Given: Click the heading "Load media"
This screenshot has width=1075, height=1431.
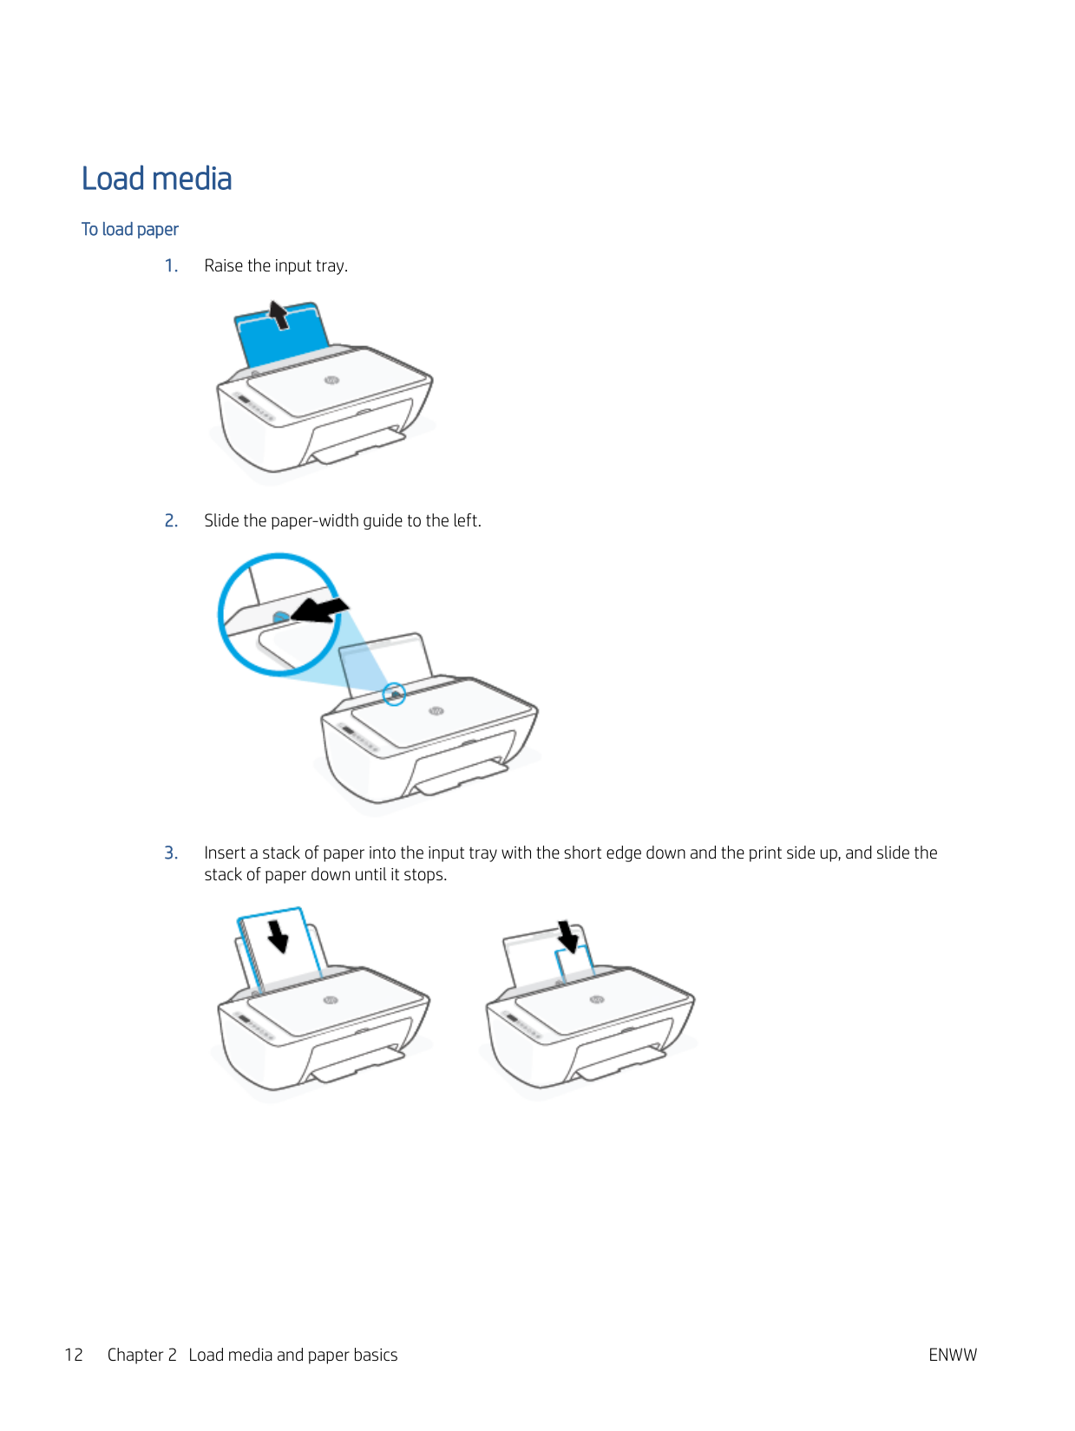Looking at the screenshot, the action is coord(156,179).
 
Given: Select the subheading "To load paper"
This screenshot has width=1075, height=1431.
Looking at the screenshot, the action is coord(130,230).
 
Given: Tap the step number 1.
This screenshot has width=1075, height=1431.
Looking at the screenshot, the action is coord(171,266).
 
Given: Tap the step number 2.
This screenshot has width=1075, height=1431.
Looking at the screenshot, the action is coord(171,520).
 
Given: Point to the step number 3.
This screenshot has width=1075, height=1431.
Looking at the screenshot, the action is coord(171,853).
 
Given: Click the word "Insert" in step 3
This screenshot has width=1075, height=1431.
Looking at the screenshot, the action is coord(224,853).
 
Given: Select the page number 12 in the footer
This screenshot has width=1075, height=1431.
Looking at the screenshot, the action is coord(74,1355).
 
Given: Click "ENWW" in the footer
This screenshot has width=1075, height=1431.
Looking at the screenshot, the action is coord(953,1355).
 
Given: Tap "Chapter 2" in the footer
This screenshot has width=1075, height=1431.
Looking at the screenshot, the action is coord(142,1355).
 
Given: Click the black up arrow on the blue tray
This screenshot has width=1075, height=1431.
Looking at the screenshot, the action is coord(279,315).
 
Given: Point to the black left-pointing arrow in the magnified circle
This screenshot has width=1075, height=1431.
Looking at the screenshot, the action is coord(319,611).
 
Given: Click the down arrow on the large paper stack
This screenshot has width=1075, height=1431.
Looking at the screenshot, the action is coord(278,936).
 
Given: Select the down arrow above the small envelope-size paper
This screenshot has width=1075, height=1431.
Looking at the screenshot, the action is coord(567,937).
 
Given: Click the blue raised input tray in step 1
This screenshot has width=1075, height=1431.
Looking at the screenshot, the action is coord(282,336).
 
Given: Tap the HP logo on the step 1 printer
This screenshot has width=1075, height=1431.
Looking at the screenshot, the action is coord(331,380).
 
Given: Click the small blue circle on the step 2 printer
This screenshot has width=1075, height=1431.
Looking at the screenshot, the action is coord(394,695).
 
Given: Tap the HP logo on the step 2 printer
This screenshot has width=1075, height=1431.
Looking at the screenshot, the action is coord(436,711).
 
